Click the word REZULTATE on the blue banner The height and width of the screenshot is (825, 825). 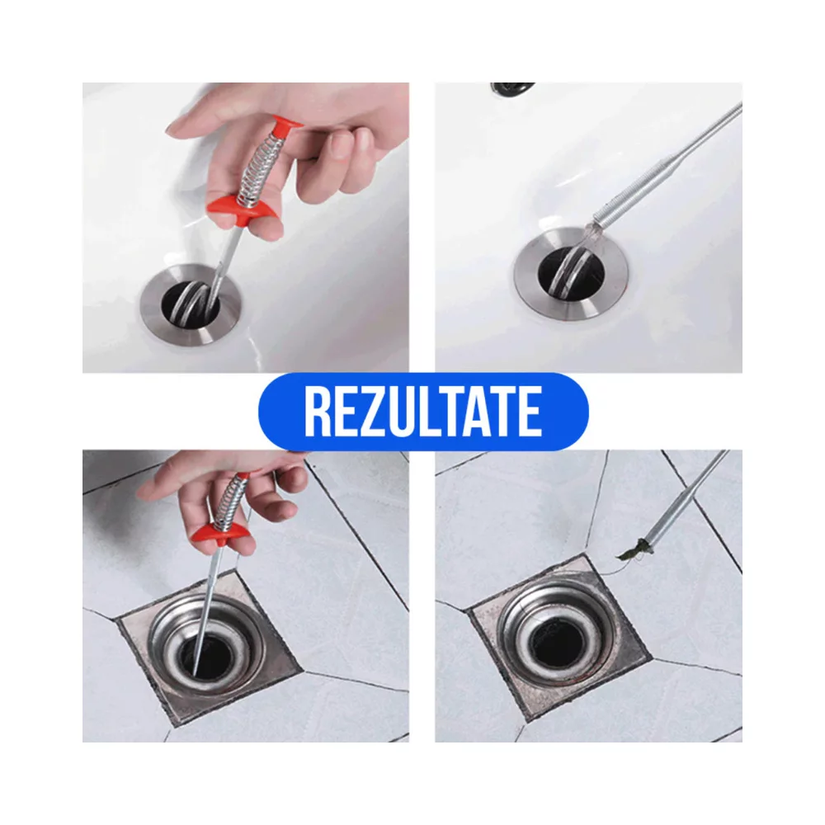(423, 412)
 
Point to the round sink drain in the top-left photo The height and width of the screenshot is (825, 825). (193, 304)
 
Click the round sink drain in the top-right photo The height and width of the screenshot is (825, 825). (572, 274)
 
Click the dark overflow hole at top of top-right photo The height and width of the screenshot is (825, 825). (512, 89)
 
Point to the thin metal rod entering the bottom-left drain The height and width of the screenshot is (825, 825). (209, 611)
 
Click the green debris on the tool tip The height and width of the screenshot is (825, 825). (633, 549)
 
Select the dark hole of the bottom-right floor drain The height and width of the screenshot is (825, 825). (559, 640)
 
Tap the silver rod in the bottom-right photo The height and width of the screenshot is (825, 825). (684, 502)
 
